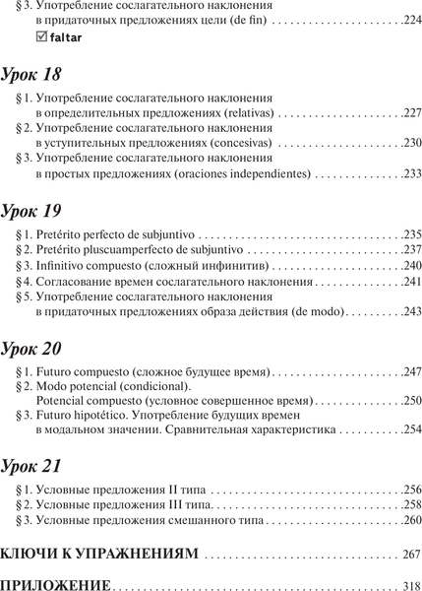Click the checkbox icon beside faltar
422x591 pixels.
tap(39, 38)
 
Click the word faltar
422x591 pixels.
tap(62, 39)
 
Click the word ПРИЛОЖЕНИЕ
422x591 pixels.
tap(61, 583)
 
